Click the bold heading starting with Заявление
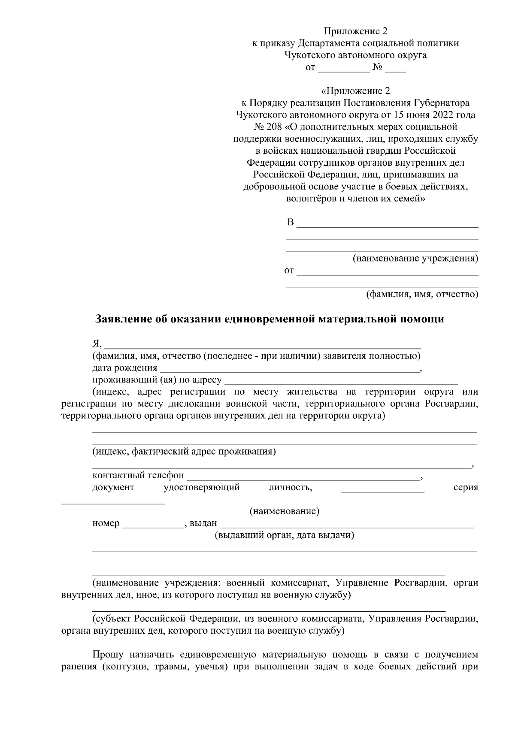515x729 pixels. click(269, 319)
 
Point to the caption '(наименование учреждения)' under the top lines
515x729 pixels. click(415, 258)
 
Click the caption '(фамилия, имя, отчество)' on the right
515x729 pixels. click(422, 295)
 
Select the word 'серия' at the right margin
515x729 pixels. click(466, 488)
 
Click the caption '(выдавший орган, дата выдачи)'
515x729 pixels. click(284, 535)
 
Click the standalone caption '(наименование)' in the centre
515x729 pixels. click(284, 511)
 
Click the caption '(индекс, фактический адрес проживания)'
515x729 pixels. click(184, 452)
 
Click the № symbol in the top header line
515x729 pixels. click(378, 67)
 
